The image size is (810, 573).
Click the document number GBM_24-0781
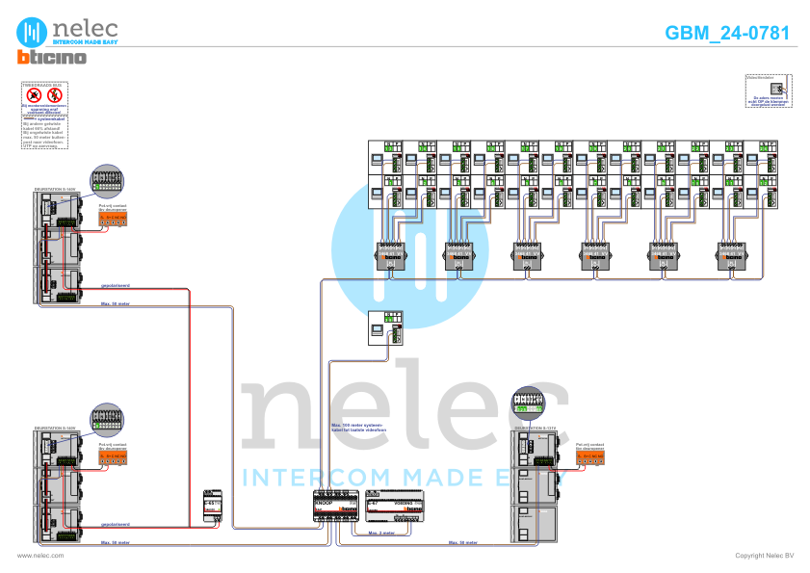click(x=727, y=33)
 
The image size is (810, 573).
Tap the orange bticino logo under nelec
click(x=51, y=58)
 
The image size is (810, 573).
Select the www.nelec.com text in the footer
click(x=40, y=556)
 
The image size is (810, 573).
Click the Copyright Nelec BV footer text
click(x=764, y=556)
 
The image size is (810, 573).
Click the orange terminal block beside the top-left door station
click(x=113, y=217)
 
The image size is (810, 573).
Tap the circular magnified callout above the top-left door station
click(x=107, y=181)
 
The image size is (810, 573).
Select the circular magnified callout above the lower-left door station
click(x=107, y=419)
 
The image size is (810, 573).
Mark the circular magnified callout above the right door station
click(x=529, y=401)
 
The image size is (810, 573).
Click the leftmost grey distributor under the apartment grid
click(x=389, y=254)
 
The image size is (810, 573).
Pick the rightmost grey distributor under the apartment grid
click(x=731, y=254)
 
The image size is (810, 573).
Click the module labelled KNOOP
click(x=336, y=508)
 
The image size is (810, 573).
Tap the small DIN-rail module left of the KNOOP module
click(x=212, y=508)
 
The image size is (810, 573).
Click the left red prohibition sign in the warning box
click(x=34, y=96)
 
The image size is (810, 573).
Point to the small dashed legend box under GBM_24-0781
click(x=767, y=89)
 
